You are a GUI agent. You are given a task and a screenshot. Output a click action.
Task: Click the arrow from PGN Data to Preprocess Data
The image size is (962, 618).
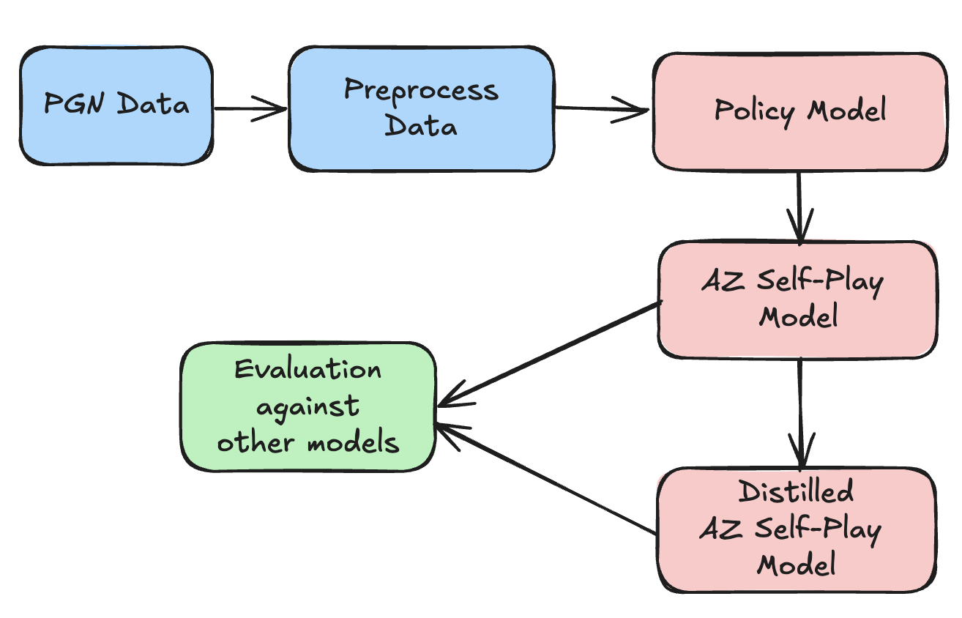coord(249,109)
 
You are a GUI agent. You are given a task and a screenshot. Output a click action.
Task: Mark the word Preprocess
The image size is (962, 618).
coord(421,92)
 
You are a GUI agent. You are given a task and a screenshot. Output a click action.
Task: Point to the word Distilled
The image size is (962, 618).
coord(796,491)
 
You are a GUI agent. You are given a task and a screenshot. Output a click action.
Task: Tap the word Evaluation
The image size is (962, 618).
coord(307,369)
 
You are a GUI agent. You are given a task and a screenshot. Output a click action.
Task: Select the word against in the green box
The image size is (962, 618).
coord(307,407)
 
